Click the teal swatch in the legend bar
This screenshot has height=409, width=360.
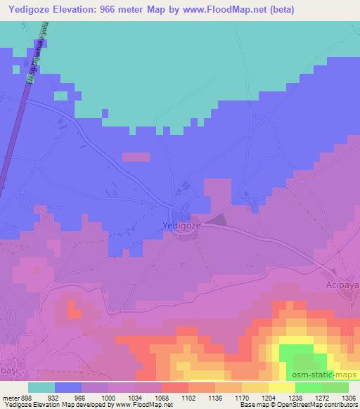[41, 387]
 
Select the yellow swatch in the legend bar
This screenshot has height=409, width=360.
[281, 387]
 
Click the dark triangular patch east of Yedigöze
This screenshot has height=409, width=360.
[217, 220]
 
